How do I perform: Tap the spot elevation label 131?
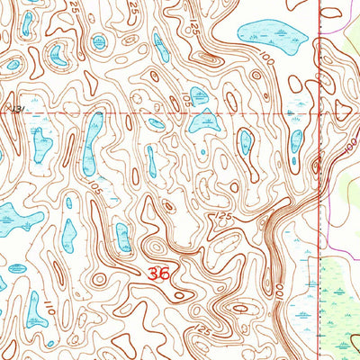coord(13,108)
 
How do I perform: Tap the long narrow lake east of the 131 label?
coord(91,144)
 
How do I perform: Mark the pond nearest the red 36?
coord(123,238)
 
